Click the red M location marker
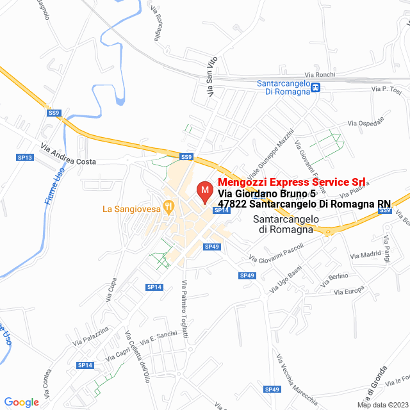click(204, 192)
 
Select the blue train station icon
click(315, 88)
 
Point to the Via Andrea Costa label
click(68, 154)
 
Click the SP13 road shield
click(24, 157)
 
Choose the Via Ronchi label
click(320, 74)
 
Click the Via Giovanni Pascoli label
click(276, 254)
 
